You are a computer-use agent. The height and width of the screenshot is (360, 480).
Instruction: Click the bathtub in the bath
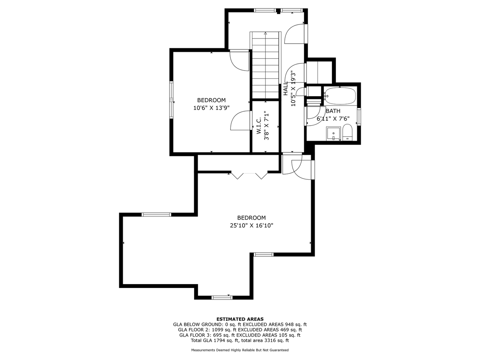[340, 96]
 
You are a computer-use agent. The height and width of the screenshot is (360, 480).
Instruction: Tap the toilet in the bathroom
[347, 132]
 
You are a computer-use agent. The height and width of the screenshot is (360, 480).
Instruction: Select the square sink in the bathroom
[333, 133]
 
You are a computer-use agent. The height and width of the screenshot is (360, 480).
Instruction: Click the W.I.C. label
[259, 125]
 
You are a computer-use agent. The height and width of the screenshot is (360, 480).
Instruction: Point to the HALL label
[286, 89]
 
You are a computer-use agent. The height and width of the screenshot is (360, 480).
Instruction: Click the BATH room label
[333, 111]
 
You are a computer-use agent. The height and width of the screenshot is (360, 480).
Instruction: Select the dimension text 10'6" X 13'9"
[211, 108]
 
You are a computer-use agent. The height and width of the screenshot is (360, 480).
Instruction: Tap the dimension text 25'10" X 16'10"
[251, 225]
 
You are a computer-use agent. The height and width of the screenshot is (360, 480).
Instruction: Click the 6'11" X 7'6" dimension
[333, 118]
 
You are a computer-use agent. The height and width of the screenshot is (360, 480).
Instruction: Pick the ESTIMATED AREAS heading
[240, 319]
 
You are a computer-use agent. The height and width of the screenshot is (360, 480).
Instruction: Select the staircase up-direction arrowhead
[265, 33]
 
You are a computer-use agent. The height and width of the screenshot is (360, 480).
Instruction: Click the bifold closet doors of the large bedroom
[250, 175]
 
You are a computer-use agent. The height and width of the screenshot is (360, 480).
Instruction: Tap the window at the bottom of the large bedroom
[222, 297]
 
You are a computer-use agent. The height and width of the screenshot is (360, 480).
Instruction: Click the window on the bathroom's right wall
[359, 117]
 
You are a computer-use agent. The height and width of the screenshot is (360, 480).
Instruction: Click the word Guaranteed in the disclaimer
[279, 350]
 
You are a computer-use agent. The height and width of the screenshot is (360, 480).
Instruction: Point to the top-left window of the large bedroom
[156, 215]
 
